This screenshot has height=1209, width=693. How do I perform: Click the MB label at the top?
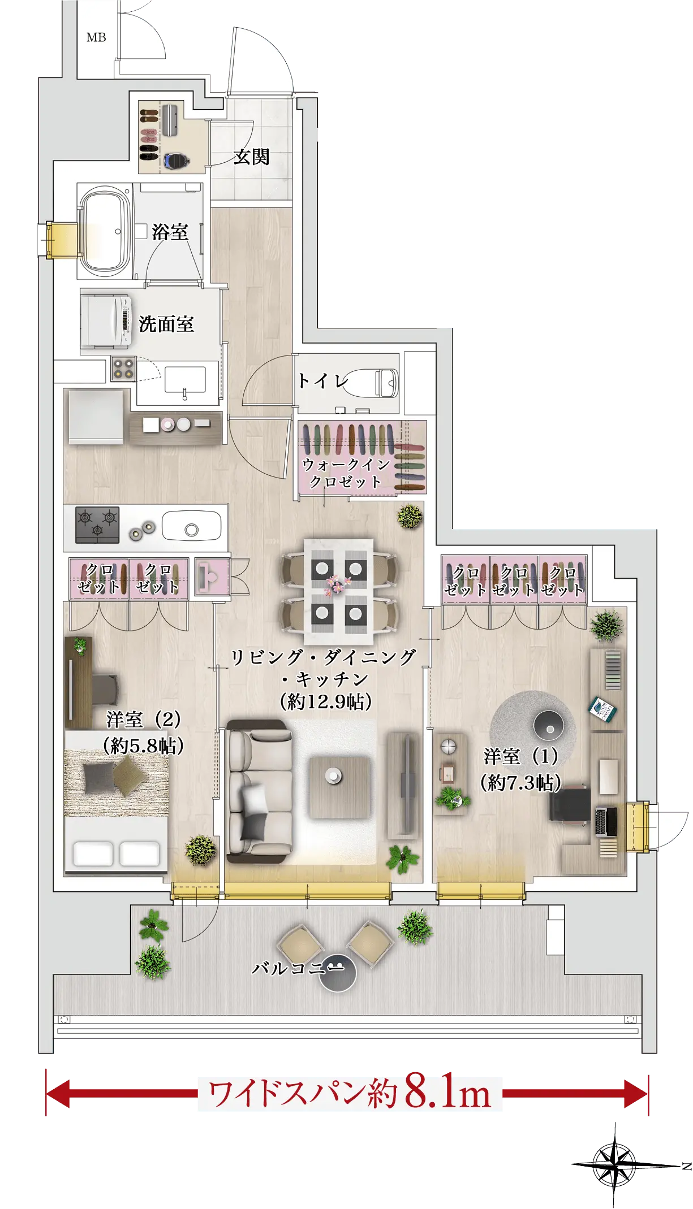coord(96,37)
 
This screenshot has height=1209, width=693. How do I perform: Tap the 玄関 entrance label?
coord(252,157)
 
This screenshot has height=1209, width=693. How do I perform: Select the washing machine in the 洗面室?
coord(106,322)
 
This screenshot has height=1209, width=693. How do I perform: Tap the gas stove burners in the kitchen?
coord(97,524)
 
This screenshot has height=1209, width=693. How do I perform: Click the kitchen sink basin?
coord(192,526)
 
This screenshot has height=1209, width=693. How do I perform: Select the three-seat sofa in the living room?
coord(260,791)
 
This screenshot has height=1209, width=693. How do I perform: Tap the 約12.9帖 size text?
coord(326,702)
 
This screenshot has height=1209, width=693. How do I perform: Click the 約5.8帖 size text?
coord(144,746)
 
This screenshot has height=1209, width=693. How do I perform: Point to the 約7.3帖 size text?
coord(520,783)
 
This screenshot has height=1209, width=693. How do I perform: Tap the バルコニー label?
coord(298,968)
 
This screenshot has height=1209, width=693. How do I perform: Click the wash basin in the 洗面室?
coord(185,380)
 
